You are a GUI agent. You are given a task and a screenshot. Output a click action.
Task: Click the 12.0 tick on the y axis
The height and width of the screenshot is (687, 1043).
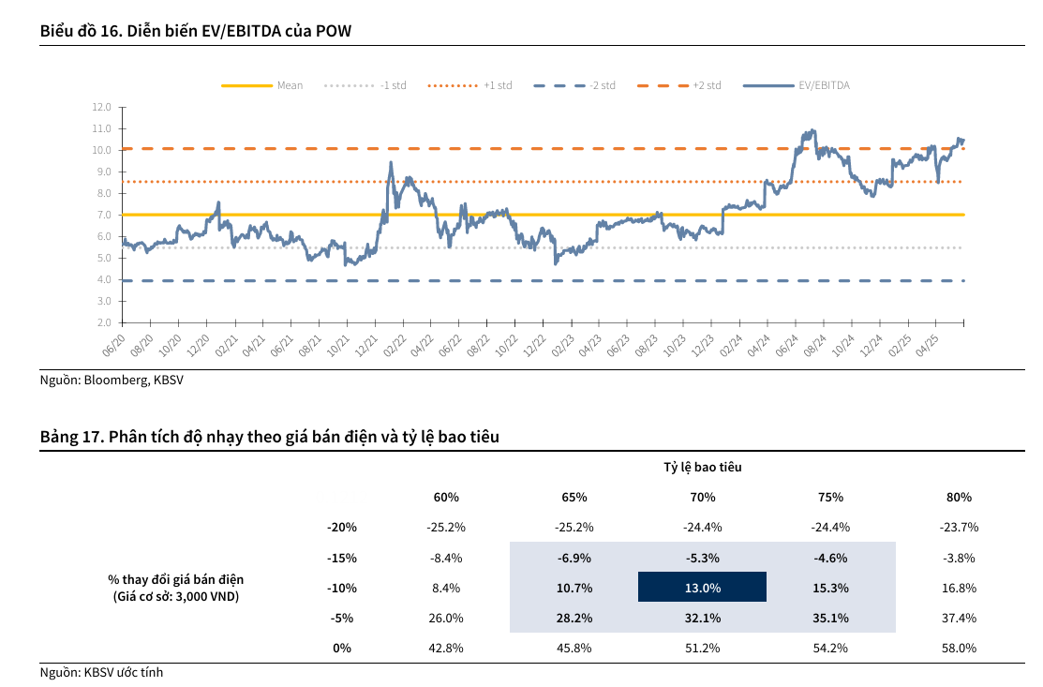pos(102,107)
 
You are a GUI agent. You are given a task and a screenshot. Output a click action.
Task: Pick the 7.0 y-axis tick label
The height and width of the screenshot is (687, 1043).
pos(102,215)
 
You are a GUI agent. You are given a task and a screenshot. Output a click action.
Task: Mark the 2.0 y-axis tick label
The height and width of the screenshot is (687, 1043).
pos(102,322)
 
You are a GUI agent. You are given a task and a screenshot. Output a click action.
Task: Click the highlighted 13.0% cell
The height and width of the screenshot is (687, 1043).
pos(702,588)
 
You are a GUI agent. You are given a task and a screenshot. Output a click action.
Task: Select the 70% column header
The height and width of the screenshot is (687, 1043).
pos(702,497)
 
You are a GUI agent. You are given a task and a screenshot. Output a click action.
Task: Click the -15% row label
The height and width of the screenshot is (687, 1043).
pos(342,558)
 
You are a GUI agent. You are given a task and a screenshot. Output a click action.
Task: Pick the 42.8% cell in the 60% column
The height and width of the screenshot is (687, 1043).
pos(446,648)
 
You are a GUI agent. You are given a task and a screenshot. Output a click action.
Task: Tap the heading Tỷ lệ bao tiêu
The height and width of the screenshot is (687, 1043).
pos(703,467)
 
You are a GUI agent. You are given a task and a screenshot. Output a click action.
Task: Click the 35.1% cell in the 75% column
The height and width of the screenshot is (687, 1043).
pos(830,618)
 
